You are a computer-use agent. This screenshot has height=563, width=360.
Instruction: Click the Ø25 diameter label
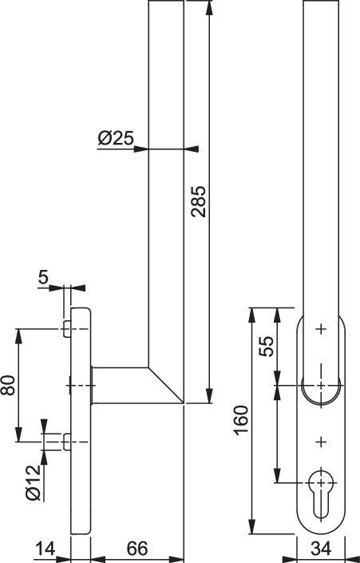click(x=116, y=138)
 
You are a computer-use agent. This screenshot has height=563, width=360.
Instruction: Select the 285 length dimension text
click(x=199, y=201)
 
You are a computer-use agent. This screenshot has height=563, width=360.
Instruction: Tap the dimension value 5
click(x=43, y=277)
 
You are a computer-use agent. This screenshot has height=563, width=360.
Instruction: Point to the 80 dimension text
click(x=8, y=385)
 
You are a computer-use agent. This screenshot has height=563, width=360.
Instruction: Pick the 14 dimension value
click(x=45, y=549)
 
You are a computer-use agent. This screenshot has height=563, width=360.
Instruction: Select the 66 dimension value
click(x=137, y=549)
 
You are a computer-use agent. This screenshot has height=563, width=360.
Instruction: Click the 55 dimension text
click(x=267, y=346)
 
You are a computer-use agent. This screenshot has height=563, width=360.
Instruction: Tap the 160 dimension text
click(x=241, y=420)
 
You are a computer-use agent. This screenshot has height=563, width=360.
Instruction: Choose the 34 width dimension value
click(x=321, y=549)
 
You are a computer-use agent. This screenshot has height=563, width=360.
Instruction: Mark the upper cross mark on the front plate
click(x=321, y=329)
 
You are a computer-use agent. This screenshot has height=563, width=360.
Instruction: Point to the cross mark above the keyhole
click(x=321, y=442)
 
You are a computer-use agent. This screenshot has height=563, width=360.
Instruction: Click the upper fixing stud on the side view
click(x=67, y=329)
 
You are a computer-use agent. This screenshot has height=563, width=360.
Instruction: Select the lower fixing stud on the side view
click(x=67, y=442)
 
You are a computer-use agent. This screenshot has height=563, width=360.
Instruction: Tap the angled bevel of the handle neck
click(x=166, y=385)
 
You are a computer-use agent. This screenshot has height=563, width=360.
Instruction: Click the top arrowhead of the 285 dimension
click(x=209, y=8)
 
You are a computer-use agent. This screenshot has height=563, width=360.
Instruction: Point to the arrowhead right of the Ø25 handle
click(x=192, y=149)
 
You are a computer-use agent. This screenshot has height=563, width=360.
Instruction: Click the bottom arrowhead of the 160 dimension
click(x=253, y=526)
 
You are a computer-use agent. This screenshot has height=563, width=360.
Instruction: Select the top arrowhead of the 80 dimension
click(x=18, y=336)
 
